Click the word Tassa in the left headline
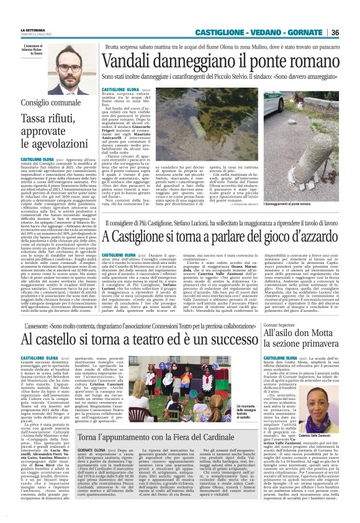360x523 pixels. [x=37, y=117]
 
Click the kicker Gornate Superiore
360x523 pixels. [x=279, y=324]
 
